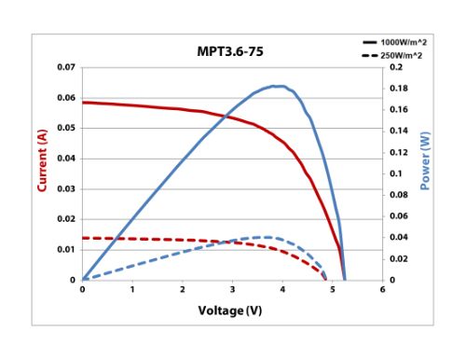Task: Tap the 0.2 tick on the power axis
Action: pyautogui.click(x=395, y=68)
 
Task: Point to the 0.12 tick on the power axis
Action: pyautogui.click(x=398, y=153)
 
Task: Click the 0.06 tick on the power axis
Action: pyautogui.click(x=398, y=216)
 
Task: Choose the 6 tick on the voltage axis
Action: pyautogui.click(x=382, y=290)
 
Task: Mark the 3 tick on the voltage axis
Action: pyautogui.click(x=232, y=290)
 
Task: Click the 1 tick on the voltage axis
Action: pyautogui.click(x=132, y=290)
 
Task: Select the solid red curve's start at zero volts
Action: pyautogui.click(x=83, y=103)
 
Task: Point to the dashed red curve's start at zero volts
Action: pyautogui.click(x=83, y=238)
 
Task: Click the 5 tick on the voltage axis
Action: pyautogui.click(x=333, y=290)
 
